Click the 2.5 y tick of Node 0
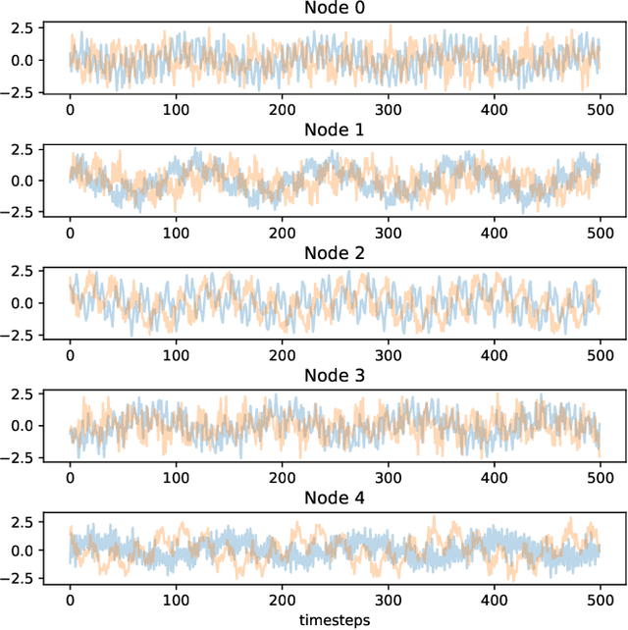click(25, 26)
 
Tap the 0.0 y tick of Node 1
click(25, 182)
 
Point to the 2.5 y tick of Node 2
click(25, 271)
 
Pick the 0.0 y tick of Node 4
click(25, 550)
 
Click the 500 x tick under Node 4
click(598, 600)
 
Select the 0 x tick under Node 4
click(71, 600)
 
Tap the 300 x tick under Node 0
click(387, 110)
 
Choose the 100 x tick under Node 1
click(176, 233)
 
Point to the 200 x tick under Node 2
click(282, 355)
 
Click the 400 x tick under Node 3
click(493, 477)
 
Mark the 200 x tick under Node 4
click(282, 600)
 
